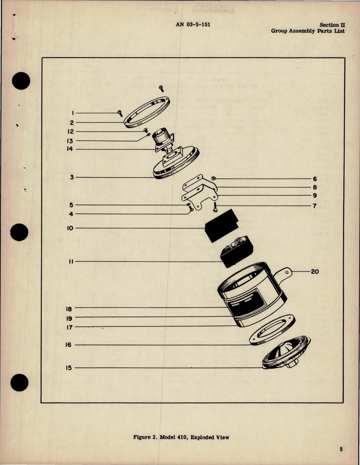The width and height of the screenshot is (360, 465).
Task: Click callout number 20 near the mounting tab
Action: coord(315,272)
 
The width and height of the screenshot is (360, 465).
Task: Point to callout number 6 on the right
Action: coord(315,179)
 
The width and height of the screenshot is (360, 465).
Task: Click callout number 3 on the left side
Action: coord(72,177)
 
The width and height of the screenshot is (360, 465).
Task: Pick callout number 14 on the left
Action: coord(70,149)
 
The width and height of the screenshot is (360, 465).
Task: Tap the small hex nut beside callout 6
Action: coord(213,179)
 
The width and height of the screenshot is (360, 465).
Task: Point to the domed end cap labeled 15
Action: coord(286,354)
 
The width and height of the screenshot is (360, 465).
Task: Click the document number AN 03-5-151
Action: coord(193,24)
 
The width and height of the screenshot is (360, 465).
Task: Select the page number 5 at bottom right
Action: coord(341,449)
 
